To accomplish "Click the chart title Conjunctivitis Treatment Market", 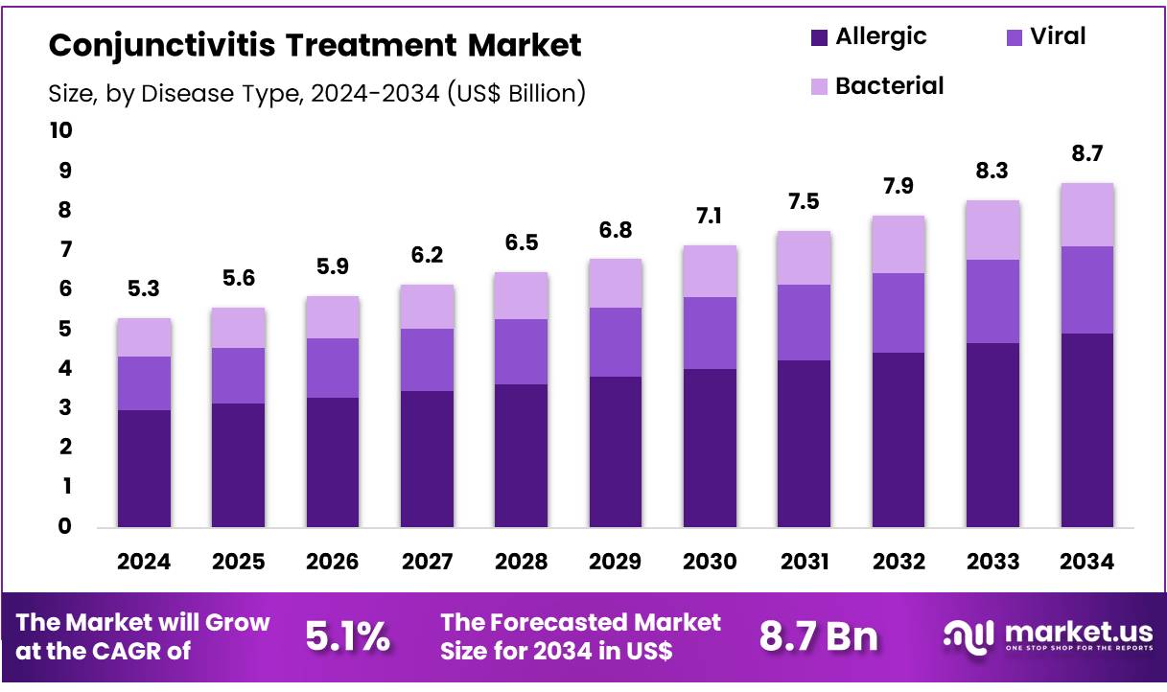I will pyautogui.click(x=315, y=44).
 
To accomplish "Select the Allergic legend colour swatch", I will pyautogui.click(x=819, y=37).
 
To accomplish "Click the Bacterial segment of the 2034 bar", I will pyautogui.click(x=1086, y=215).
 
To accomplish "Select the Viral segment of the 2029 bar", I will pyautogui.click(x=614, y=341).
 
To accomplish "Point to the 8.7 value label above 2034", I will pyautogui.click(x=1086, y=153).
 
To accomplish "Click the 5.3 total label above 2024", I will pyautogui.click(x=144, y=288).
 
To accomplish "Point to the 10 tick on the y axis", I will pyautogui.click(x=60, y=130).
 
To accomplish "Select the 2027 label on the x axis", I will pyautogui.click(x=426, y=562).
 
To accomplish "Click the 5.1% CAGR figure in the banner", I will pyautogui.click(x=347, y=635).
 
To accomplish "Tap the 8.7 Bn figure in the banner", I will pyautogui.click(x=819, y=635).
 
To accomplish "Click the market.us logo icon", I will pyautogui.click(x=968, y=635).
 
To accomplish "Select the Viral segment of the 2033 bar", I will pyautogui.click(x=992, y=301).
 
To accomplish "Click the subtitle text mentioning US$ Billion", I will pyautogui.click(x=316, y=93).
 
